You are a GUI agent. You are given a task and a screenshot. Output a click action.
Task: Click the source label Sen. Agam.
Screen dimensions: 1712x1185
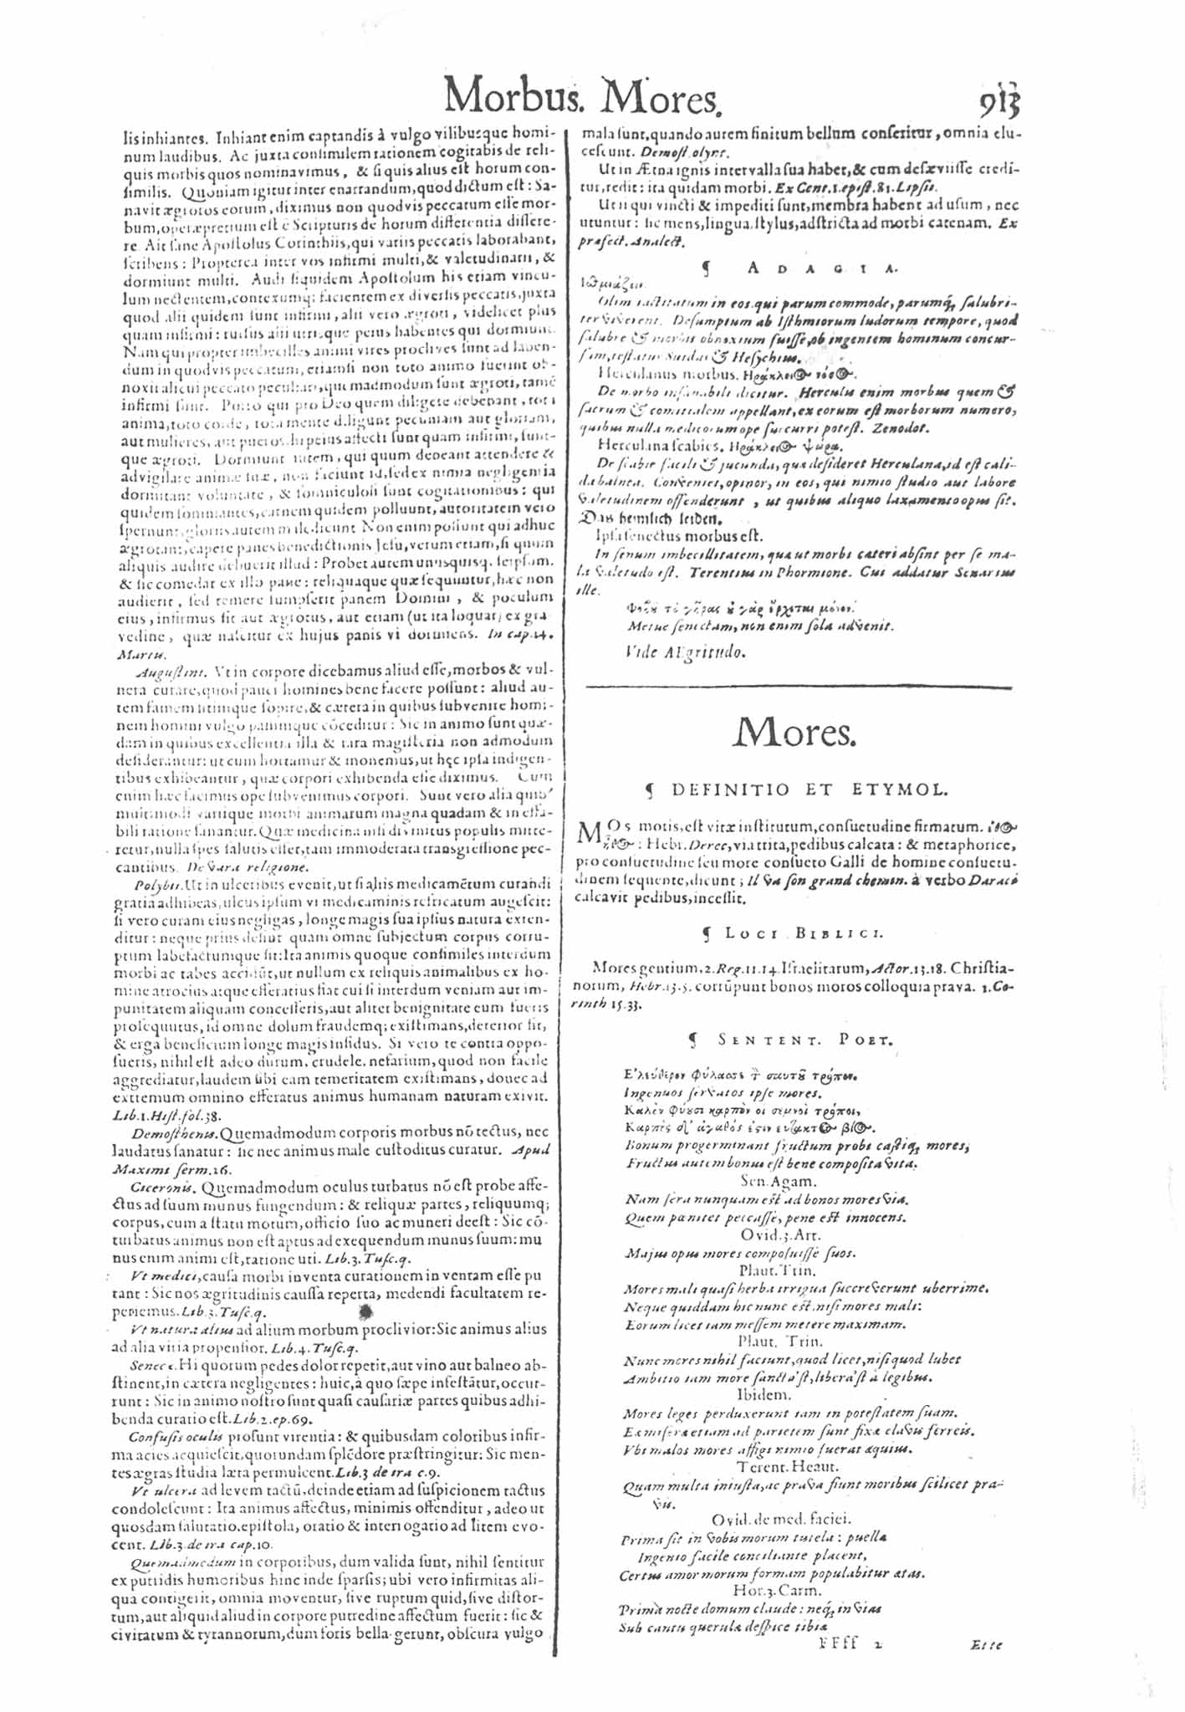point(777,1181)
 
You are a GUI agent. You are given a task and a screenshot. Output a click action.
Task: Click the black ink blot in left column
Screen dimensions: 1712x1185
point(365,1312)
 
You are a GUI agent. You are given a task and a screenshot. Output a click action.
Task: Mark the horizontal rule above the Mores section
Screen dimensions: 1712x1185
point(799,687)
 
